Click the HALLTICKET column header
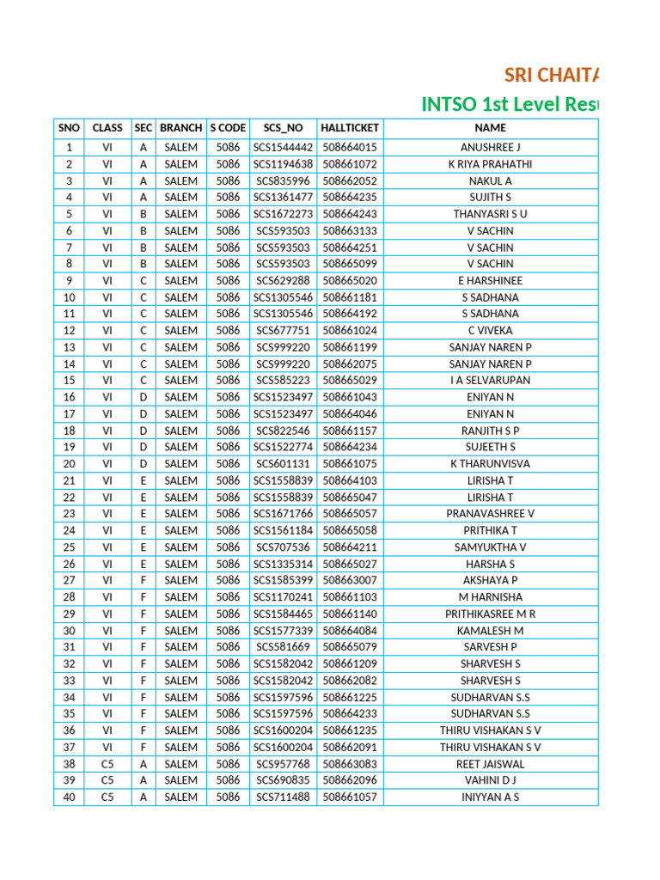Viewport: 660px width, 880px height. point(350,127)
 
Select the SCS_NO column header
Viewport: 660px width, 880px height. point(283,127)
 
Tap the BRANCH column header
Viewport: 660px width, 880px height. point(180,127)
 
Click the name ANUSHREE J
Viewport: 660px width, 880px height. point(490,147)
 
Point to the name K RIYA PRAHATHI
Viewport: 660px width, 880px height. point(490,164)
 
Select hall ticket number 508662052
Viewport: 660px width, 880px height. point(350,180)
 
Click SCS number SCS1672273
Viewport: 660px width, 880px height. point(283,214)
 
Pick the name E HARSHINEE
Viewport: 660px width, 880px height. point(490,280)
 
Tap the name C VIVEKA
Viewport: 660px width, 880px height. point(490,330)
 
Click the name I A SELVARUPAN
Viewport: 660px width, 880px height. point(490,380)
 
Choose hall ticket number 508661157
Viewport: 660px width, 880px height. point(350,431)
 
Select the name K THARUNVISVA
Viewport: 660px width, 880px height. point(490,463)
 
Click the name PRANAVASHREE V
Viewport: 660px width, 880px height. point(490,513)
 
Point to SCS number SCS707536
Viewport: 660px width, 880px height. point(283,547)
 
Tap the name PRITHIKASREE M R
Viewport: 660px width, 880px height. point(490,614)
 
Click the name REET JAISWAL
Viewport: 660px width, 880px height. point(490,763)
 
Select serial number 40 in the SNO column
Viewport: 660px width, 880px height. point(69,797)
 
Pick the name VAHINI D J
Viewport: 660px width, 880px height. point(490,780)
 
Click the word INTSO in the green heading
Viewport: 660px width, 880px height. point(449,104)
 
